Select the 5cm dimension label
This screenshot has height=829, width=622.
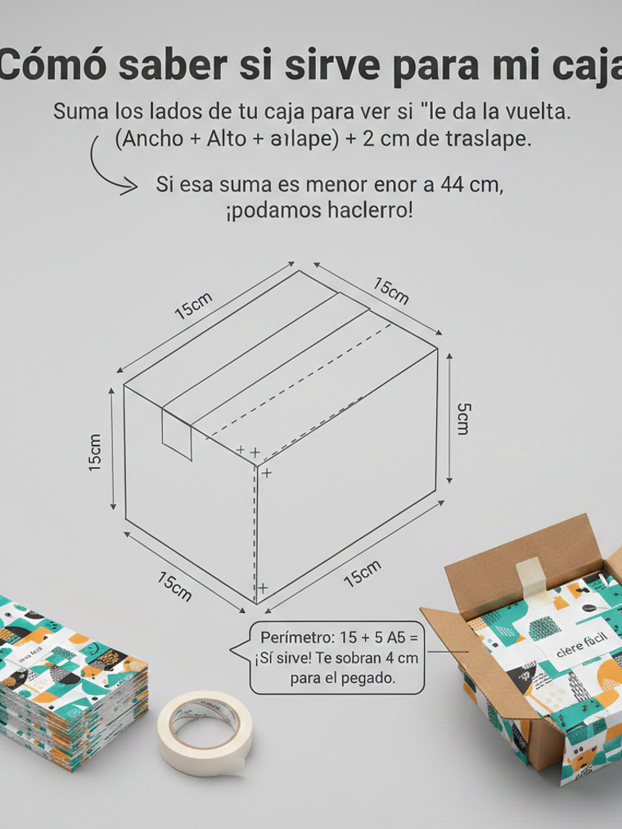pos(462,418)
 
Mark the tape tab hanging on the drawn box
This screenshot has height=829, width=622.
pos(177,434)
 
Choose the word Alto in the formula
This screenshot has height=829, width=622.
pos(225,139)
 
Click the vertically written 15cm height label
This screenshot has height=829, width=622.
pos(96,452)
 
